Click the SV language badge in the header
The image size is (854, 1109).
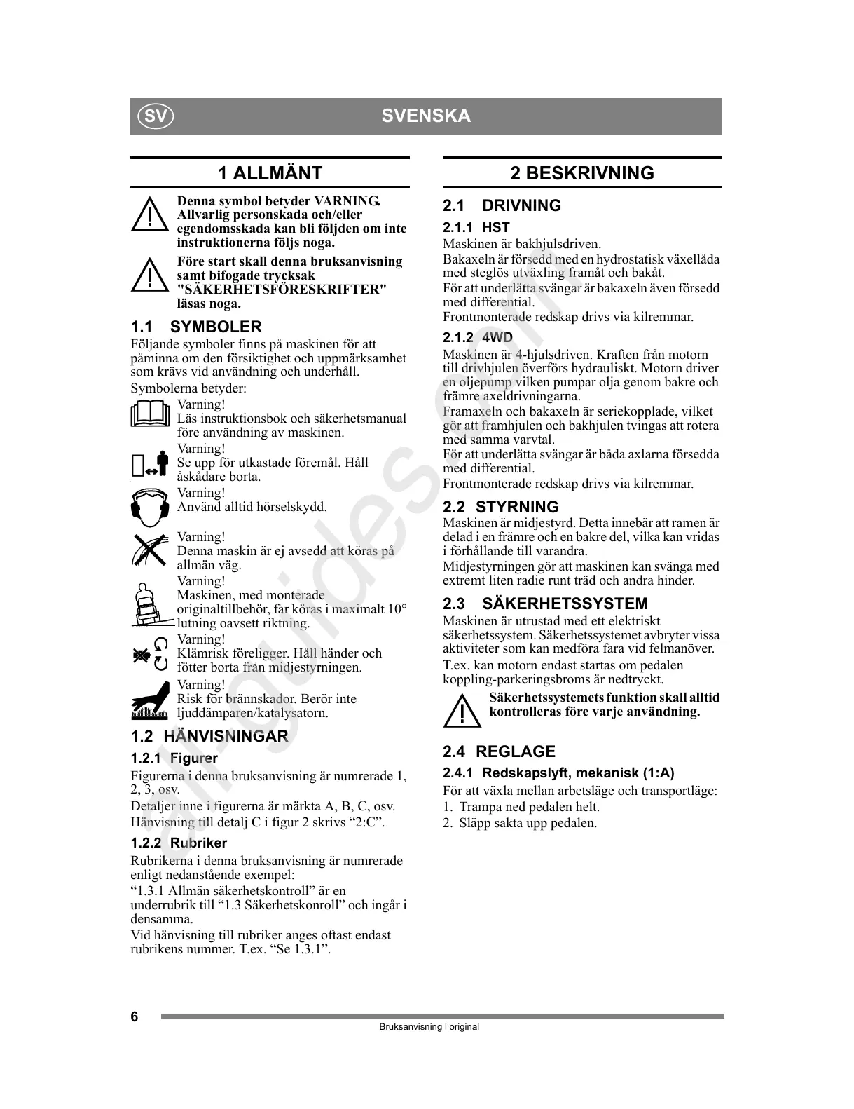click(155, 116)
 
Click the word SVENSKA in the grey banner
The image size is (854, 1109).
click(426, 116)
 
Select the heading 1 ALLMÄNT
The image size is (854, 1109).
click(270, 173)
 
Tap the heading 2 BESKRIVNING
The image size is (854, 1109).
click(581, 173)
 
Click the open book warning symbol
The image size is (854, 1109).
click(150, 414)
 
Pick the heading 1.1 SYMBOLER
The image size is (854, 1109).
click(196, 327)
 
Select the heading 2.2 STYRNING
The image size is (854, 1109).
click(500, 507)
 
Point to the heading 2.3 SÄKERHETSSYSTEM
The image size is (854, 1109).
click(545, 604)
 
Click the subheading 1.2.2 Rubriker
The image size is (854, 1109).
click(179, 843)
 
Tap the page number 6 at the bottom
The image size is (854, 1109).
click(135, 1017)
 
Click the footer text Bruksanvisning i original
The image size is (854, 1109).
click(429, 1027)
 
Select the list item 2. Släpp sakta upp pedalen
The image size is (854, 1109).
click(520, 823)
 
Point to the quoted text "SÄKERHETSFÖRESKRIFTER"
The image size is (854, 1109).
click(282, 290)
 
